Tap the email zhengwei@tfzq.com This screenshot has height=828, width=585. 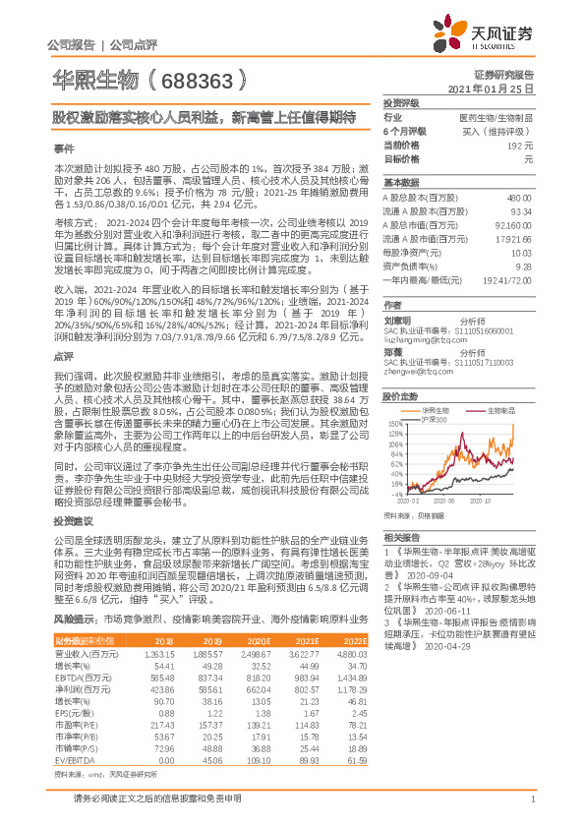click(411, 372)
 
